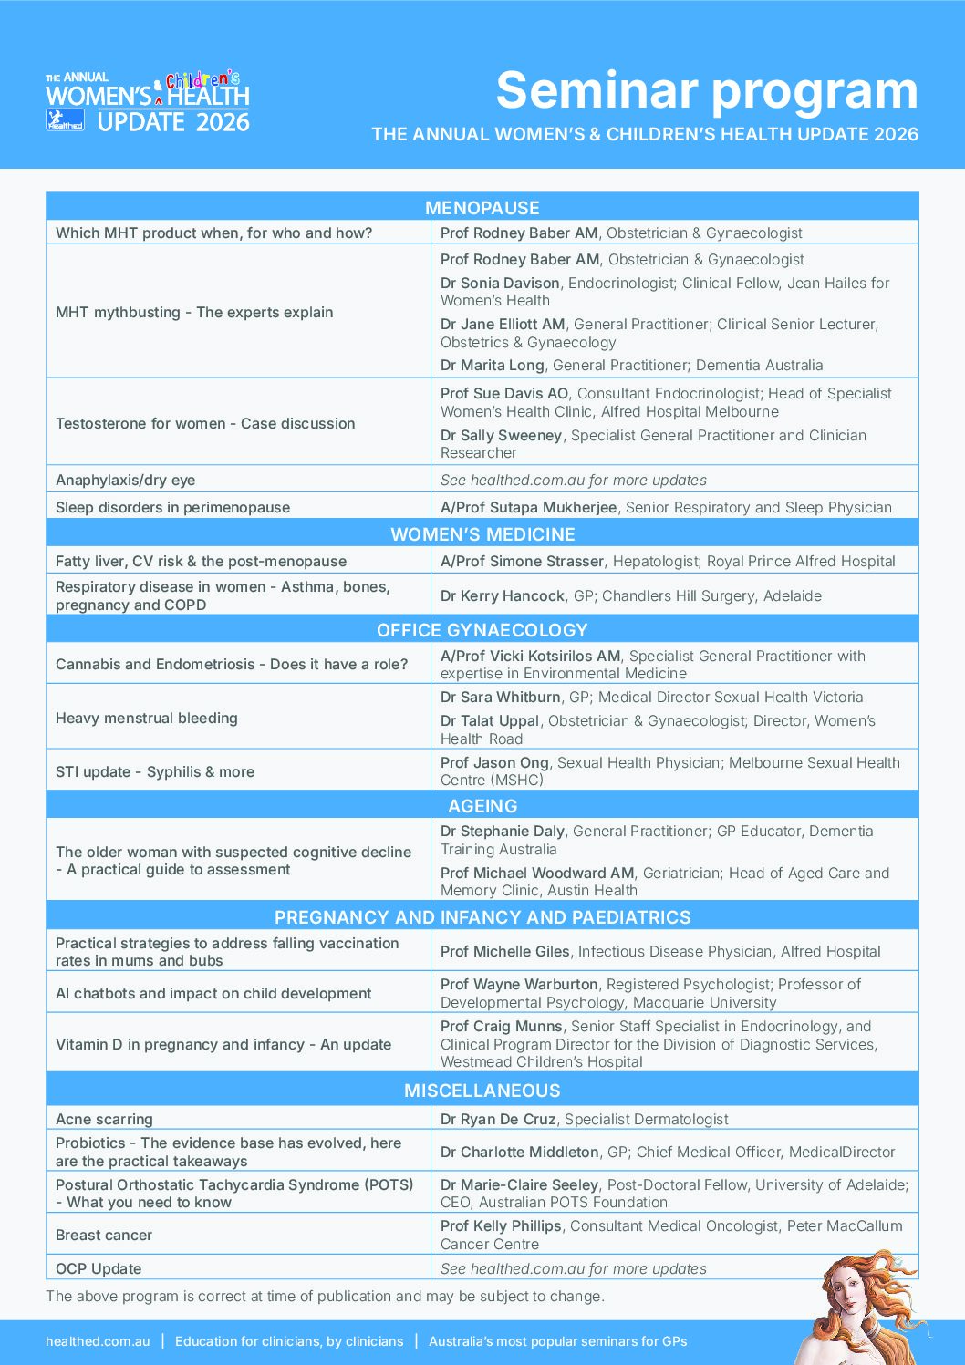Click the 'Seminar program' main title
point(706,90)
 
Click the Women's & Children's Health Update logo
point(148,101)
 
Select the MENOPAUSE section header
point(482,208)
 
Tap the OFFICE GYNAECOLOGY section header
point(482,630)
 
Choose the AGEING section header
point(482,806)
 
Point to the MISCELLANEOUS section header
point(482,1091)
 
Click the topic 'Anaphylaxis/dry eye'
point(126,481)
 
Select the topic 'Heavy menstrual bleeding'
point(147,719)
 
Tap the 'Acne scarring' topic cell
point(105,1120)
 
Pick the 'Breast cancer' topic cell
point(104,1236)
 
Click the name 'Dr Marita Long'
point(493,366)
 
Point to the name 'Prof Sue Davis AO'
point(504,394)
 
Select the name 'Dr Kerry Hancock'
point(503,596)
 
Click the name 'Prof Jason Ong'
point(495,763)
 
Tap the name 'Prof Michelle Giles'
point(505,952)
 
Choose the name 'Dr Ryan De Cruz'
point(498,1120)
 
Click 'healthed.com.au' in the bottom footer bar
point(98,1341)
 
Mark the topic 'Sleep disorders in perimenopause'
point(173,508)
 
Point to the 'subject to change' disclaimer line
point(325,1297)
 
